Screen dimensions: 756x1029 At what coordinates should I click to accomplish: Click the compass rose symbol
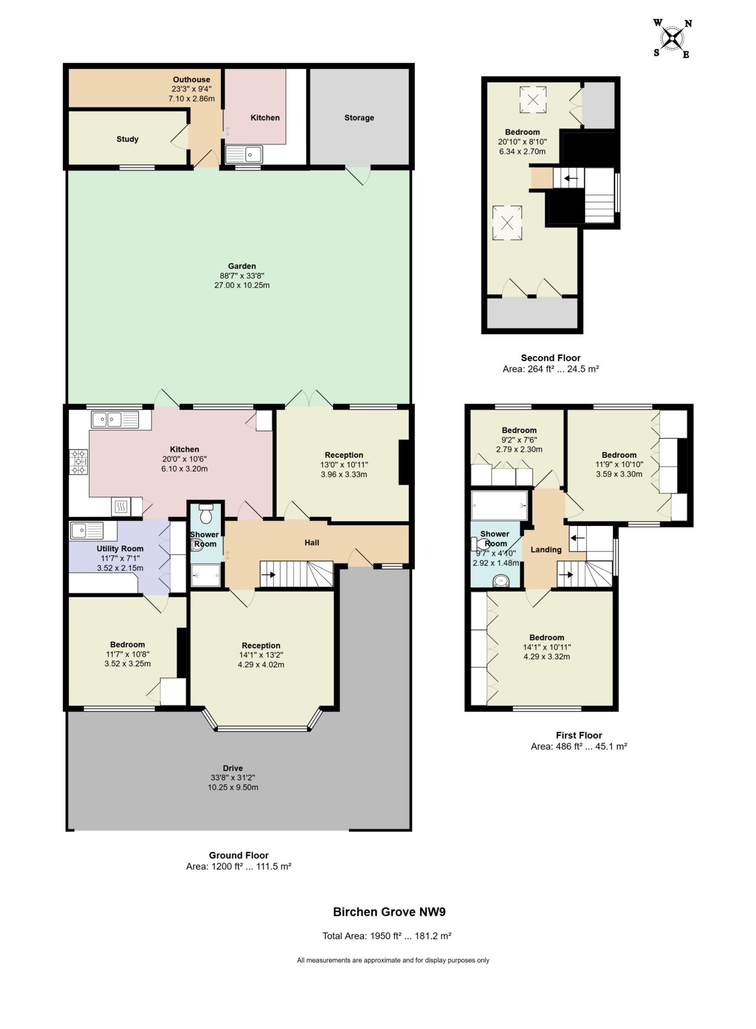click(673, 38)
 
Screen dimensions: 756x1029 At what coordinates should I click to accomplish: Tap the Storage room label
click(359, 118)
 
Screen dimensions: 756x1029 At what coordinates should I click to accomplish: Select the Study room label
click(128, 139)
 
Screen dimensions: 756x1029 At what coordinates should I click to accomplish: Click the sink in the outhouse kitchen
click(244, 154)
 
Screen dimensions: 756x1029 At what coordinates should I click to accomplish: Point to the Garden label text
click(242, 266)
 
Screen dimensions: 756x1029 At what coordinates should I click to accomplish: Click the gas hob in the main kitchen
click(79, 461)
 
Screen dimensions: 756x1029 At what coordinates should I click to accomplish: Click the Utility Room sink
click(86, 531)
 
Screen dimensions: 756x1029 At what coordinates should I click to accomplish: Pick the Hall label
click(312, 543)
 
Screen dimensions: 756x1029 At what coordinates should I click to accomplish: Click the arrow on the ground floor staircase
click(269, 575)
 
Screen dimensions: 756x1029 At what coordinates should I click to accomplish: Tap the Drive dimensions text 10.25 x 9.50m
click(233, 787)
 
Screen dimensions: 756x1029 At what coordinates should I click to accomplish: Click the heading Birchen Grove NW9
click(390, 912)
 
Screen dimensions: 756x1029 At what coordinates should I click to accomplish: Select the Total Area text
click(387, 936)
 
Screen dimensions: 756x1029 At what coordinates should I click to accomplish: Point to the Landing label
click(546, 550)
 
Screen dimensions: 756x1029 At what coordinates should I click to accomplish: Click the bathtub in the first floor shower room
click(499, 505)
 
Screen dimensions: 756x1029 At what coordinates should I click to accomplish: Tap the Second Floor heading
click(551, 358)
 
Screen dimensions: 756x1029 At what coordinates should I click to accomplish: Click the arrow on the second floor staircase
click(571, 178)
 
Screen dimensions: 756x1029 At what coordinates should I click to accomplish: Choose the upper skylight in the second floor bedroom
click(533, 99)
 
